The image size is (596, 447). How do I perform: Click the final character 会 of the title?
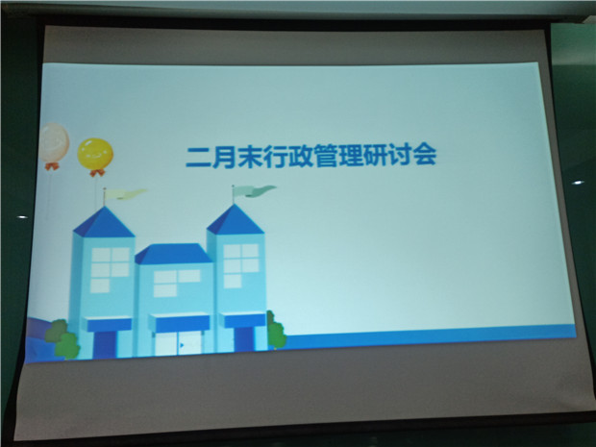coord(425,155)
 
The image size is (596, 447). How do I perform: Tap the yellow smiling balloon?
coord(95,154)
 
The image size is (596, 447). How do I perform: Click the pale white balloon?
coord(55,142)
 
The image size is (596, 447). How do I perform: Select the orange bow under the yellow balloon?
coord(97,173)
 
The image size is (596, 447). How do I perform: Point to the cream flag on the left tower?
coord(125,194)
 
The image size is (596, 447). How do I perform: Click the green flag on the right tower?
coord(254,191)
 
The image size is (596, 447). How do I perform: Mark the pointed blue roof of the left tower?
coord(104,222)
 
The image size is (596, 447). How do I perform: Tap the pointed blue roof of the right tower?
coord(236,220)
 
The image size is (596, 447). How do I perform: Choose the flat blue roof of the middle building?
coord(173,254)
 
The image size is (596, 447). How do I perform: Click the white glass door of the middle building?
coord(178,342)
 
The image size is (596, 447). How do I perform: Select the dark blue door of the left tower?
coord(105,345)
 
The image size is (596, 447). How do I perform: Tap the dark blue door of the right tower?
coord(244,338)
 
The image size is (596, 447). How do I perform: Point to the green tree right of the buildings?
coord(276,331)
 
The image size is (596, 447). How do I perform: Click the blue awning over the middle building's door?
coord(179,323)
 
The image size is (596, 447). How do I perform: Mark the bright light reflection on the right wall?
coord(578,183)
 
